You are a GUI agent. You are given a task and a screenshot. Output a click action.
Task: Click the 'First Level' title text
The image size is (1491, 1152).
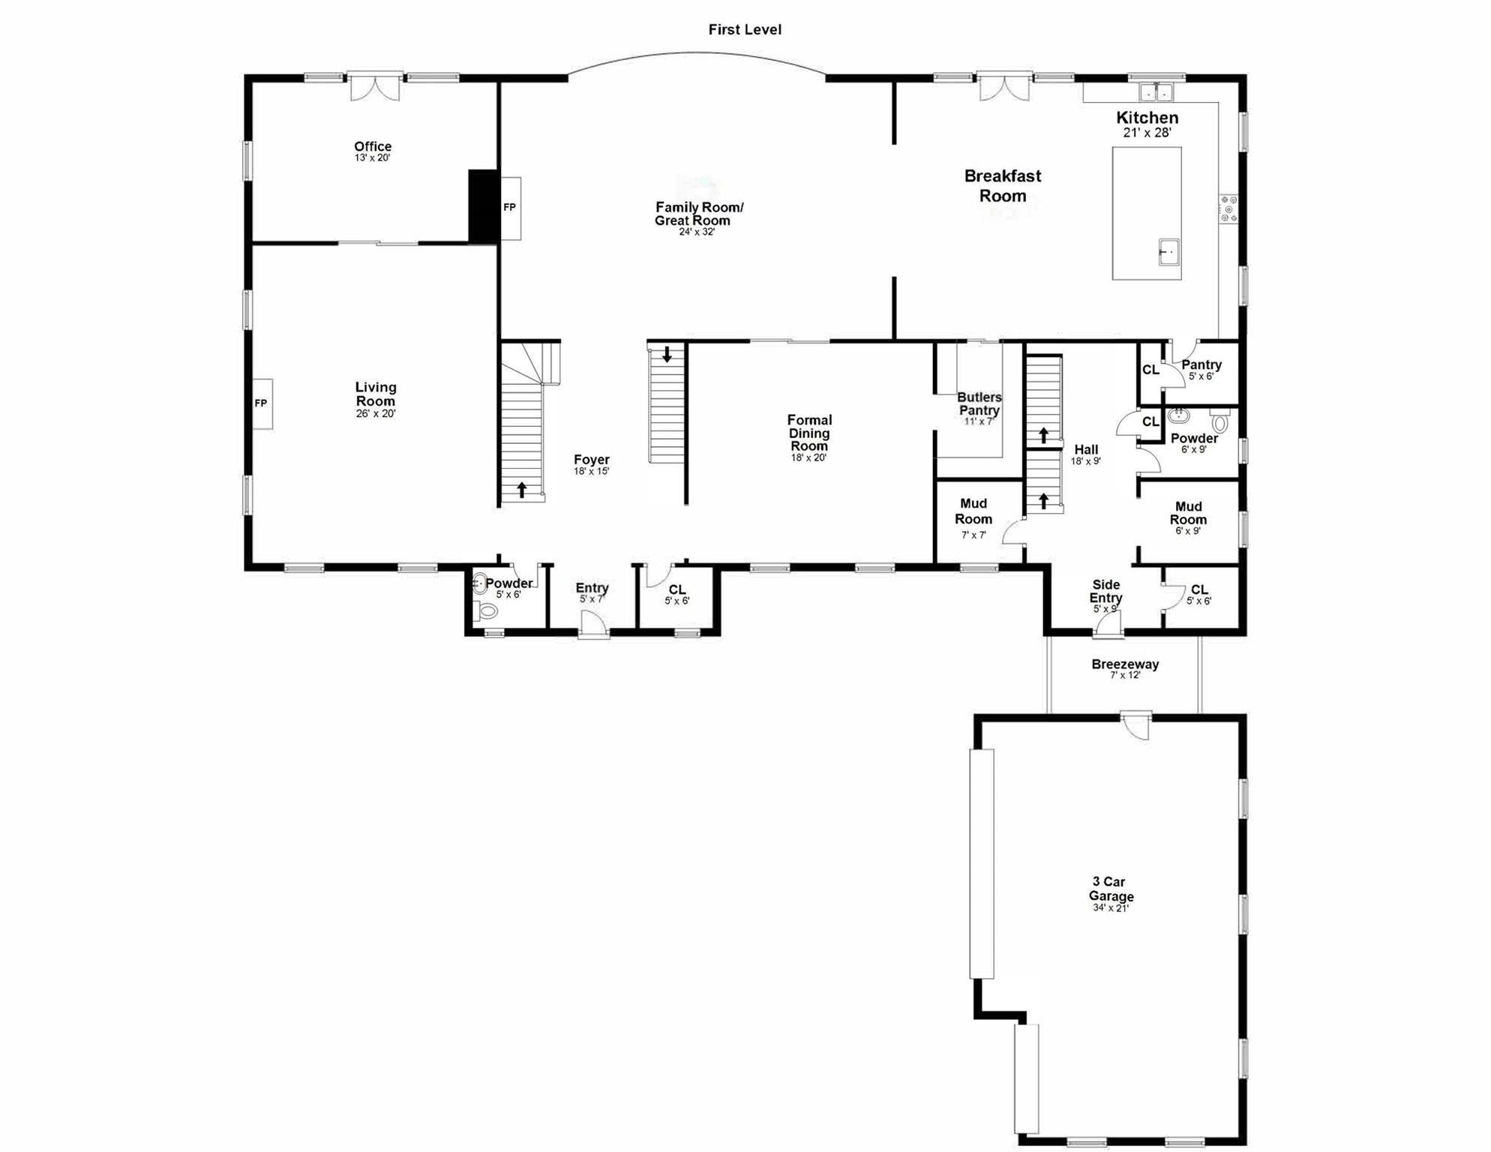(x=744, y=30)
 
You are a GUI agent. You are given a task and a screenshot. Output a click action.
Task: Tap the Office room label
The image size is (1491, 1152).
(x=373, y=147)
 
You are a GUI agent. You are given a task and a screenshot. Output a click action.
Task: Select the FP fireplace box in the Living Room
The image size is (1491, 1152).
(x=262, y=403)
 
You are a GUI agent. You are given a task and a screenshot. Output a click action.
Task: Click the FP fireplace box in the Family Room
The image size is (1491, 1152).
(x=510, y=208)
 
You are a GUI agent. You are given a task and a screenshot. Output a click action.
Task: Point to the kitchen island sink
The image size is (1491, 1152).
(x=1168, y=252)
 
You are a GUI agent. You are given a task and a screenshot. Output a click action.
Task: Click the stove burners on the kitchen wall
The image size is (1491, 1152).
(x=1228, y=208)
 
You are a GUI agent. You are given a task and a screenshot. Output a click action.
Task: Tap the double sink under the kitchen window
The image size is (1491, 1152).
(x=1156, y=92)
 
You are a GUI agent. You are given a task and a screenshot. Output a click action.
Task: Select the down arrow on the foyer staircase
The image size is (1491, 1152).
(x=667, y=354)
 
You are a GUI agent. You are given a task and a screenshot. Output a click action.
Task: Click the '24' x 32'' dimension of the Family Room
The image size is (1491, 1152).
(x=697, y=232)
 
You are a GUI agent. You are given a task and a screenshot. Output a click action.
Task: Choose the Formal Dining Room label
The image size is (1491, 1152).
(x=808, y=433)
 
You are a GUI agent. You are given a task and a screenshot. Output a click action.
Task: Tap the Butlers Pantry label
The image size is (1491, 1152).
(x=979, y=403)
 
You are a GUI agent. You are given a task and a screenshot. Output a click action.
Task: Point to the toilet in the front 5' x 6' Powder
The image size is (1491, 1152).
(x=487, y=611)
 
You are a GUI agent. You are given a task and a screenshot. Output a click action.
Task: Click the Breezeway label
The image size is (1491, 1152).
(x=1124, y=664)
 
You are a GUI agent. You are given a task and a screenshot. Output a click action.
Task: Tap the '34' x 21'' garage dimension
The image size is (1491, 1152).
(x=1110, y=908)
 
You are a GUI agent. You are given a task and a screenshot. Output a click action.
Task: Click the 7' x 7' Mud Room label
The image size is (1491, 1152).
(x=973, y=511)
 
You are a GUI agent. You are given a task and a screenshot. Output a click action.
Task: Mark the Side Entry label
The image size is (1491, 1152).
(x=1105, y=591)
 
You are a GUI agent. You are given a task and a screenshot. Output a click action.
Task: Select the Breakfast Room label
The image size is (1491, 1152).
(x=1002, y=186)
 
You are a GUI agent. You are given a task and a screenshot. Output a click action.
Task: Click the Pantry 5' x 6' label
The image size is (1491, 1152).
(x=1201, y=365)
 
